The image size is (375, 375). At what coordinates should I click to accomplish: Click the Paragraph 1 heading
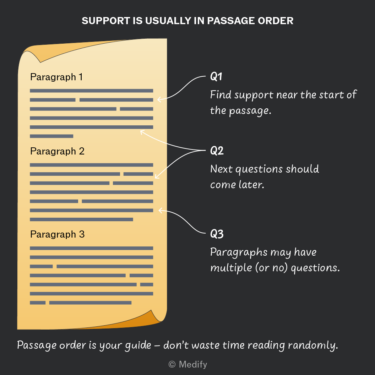coord(56,77)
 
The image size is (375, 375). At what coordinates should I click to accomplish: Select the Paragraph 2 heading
coord(57,151)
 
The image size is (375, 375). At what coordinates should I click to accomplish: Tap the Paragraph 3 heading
coord(57,234)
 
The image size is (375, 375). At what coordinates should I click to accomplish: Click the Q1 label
coord(216,77)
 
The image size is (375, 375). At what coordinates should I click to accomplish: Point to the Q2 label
coord(217,151)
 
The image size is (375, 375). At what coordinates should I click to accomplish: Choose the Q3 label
coord(217,234)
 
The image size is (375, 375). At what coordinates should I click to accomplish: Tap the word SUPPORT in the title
coord(106,21)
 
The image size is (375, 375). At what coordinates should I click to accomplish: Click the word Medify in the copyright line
coord(193,364)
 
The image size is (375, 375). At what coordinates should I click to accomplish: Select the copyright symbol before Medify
coord(172,364)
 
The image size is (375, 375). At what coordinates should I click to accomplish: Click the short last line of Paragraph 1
coord(51,136)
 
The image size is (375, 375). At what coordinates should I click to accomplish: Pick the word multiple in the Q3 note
coord(231,268)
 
